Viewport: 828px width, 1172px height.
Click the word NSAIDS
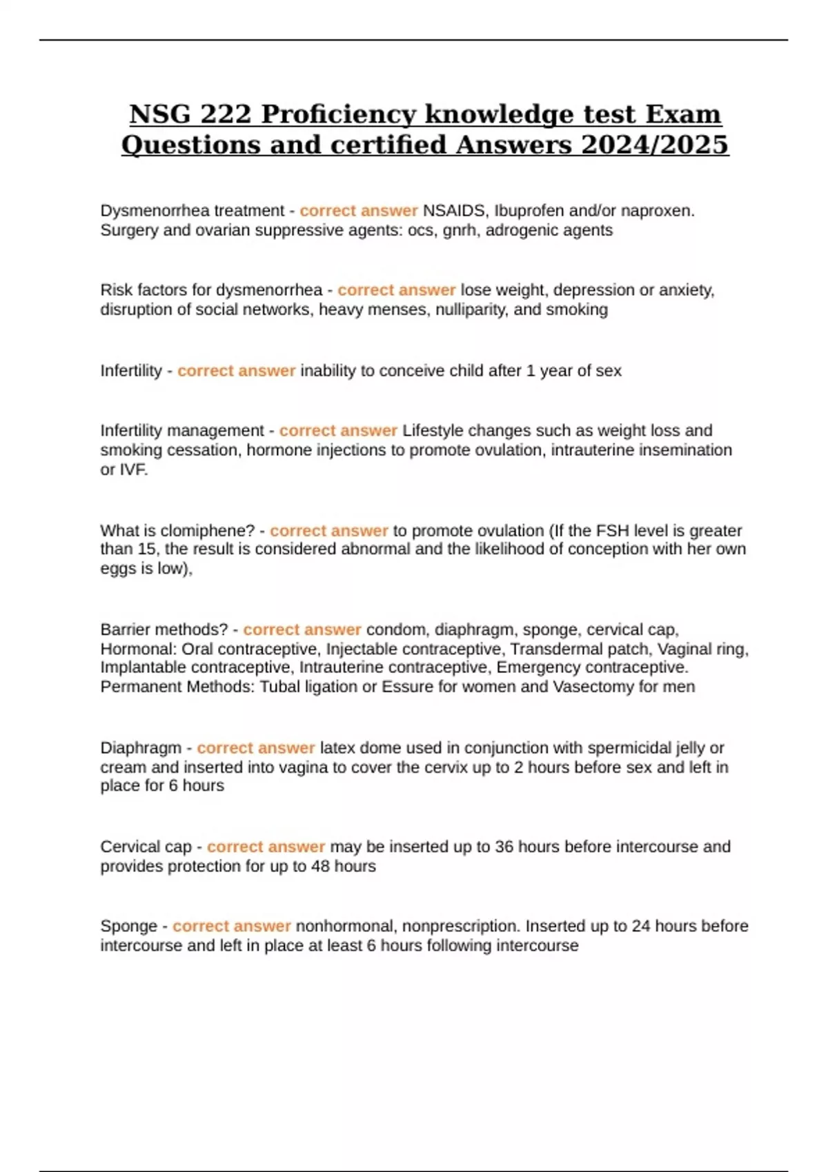pyautogui.click(x=453, y=211)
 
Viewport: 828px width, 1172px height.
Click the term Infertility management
pyautogui.click(x=182, y=431)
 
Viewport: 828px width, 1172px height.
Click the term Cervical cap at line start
pyautogui.click(x=146, y=847)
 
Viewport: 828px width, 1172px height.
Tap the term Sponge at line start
pyautogui.click(x=128, y=926)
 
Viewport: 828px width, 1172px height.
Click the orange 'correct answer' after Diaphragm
pyautogui.click(x=255, y=748)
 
